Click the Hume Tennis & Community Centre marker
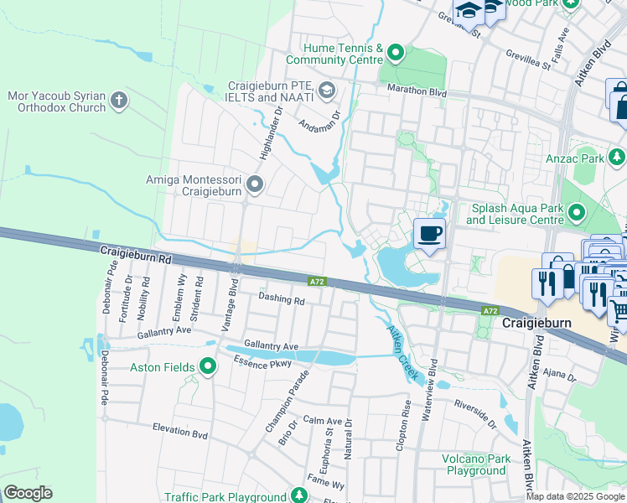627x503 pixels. (x=396, y=54)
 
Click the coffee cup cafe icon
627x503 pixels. (x=429, y=233)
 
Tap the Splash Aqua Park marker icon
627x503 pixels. (x=576, y=214)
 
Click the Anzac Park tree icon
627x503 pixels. (x=617, y=157)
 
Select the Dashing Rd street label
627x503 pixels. (x=281, y=298)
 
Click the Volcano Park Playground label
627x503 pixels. (x=476, y=464)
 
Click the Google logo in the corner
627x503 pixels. (x=28, y=493)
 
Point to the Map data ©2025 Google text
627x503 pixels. (x=575, y=496)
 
